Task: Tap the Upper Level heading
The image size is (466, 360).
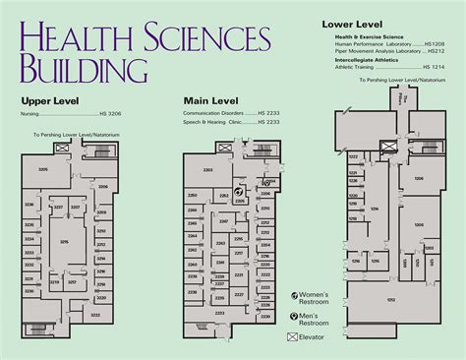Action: (49, 100)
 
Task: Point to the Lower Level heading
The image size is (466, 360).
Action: (351, 22)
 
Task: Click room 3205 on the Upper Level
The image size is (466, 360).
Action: (41, 170)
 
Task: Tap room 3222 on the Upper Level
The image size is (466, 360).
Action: (95, 314)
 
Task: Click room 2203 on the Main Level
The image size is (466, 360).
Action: (206, 171)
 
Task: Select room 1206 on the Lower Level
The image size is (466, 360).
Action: (418, 178)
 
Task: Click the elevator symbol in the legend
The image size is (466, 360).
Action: (292, 336)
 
